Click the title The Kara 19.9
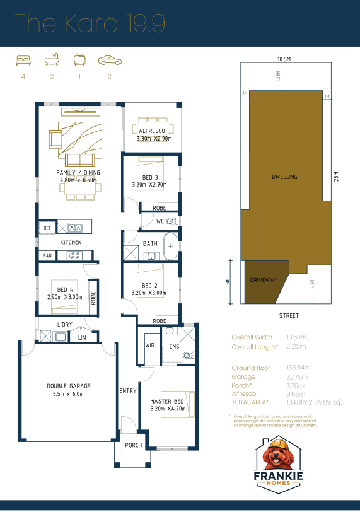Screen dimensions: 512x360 pos(90,23)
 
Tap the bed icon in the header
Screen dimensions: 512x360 pos(23,61)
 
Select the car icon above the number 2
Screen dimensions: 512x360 pos(109,61)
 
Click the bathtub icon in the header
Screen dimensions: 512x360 pos(52,61)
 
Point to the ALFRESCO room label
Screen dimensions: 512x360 pos(151,131)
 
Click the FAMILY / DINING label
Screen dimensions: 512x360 pos(78,172)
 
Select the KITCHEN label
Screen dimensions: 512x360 pos(71,242)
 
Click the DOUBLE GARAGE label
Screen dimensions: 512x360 pos(69,386)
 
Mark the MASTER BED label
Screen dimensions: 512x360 pos(166,401)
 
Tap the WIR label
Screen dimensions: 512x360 pos(149,346)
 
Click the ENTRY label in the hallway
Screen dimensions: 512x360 pos(128,391)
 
